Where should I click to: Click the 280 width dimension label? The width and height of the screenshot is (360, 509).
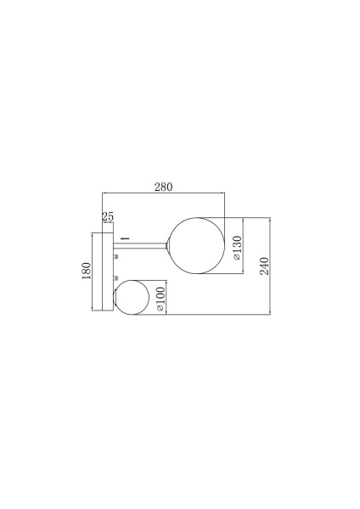(163, 187)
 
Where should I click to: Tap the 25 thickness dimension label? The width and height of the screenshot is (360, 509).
(108, 216)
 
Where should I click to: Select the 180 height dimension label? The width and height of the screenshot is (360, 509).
(86, 271)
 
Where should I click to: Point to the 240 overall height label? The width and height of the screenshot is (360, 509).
(264, 266)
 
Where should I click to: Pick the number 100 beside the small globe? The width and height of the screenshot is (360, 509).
(160, 296)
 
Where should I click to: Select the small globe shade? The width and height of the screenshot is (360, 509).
(131, 297)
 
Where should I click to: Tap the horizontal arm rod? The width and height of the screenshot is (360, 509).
(140, 246)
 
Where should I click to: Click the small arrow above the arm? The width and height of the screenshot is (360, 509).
(125, 238)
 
